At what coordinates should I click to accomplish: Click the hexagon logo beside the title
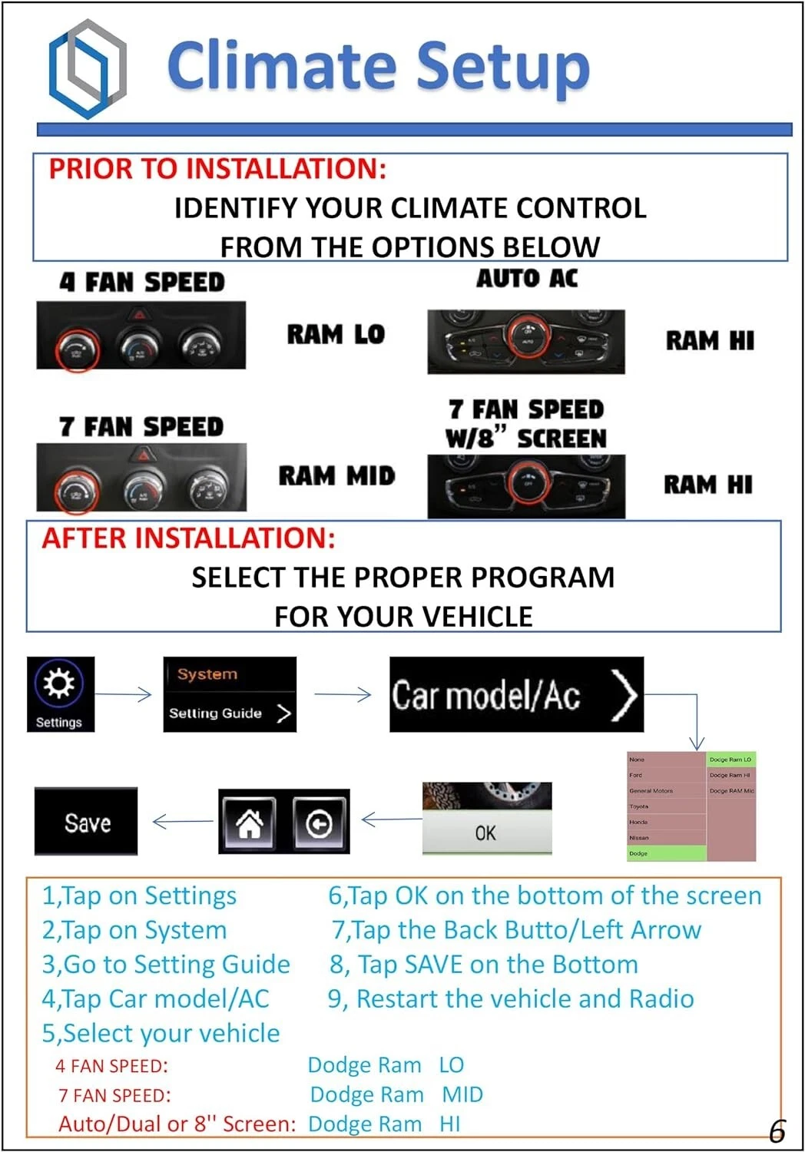tap(87, 69)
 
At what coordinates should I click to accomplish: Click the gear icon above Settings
tap(59, 682)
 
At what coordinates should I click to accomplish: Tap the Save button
tap(86, 823)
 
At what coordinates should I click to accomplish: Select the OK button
tap(486, 833)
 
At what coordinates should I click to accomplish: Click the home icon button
tap(249, 823)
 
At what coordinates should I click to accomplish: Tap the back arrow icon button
tap(320, 823)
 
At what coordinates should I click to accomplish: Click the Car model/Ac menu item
tap(515, 695)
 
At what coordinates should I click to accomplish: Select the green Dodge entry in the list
tap(666, 853)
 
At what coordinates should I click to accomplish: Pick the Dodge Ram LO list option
tap(730, 760)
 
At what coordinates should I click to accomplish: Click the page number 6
tap(777, 1131)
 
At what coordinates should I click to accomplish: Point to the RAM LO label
tap(336, 335)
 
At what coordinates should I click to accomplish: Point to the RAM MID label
tap(336, 476)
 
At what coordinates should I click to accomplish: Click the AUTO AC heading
tap(527, 278)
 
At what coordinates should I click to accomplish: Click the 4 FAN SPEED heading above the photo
tap(142, 283)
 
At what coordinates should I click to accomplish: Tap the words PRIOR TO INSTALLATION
tap(217, 169)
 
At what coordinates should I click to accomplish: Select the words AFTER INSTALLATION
tap(189, 538)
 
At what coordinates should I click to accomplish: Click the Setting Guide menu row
tap(229, 713)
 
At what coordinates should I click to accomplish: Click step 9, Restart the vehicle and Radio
tap(511, 998)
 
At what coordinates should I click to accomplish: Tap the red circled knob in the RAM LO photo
tap(76, 350)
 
